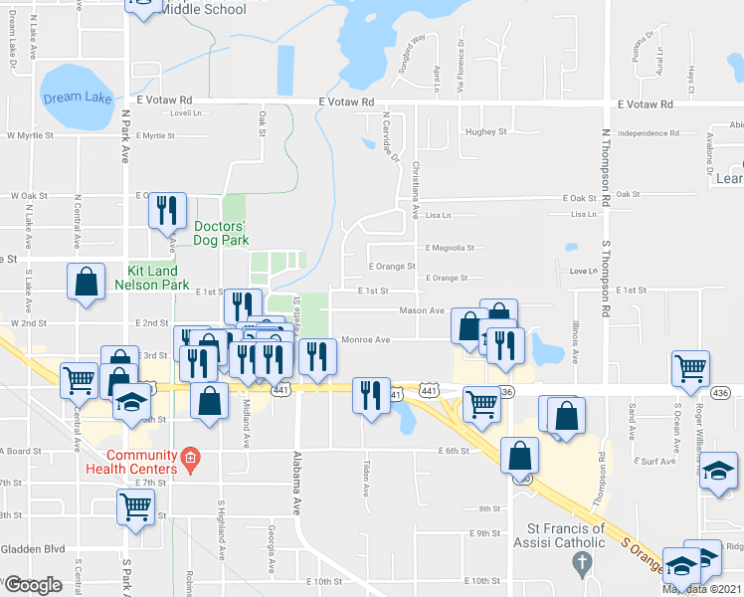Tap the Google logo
tap(33, 585)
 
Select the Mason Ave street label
tap(421, 310)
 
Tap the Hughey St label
tap(486, 131)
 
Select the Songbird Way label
tap(412, 49)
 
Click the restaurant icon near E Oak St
tap(166, 211)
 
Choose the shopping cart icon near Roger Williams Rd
tap(690, 369)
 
